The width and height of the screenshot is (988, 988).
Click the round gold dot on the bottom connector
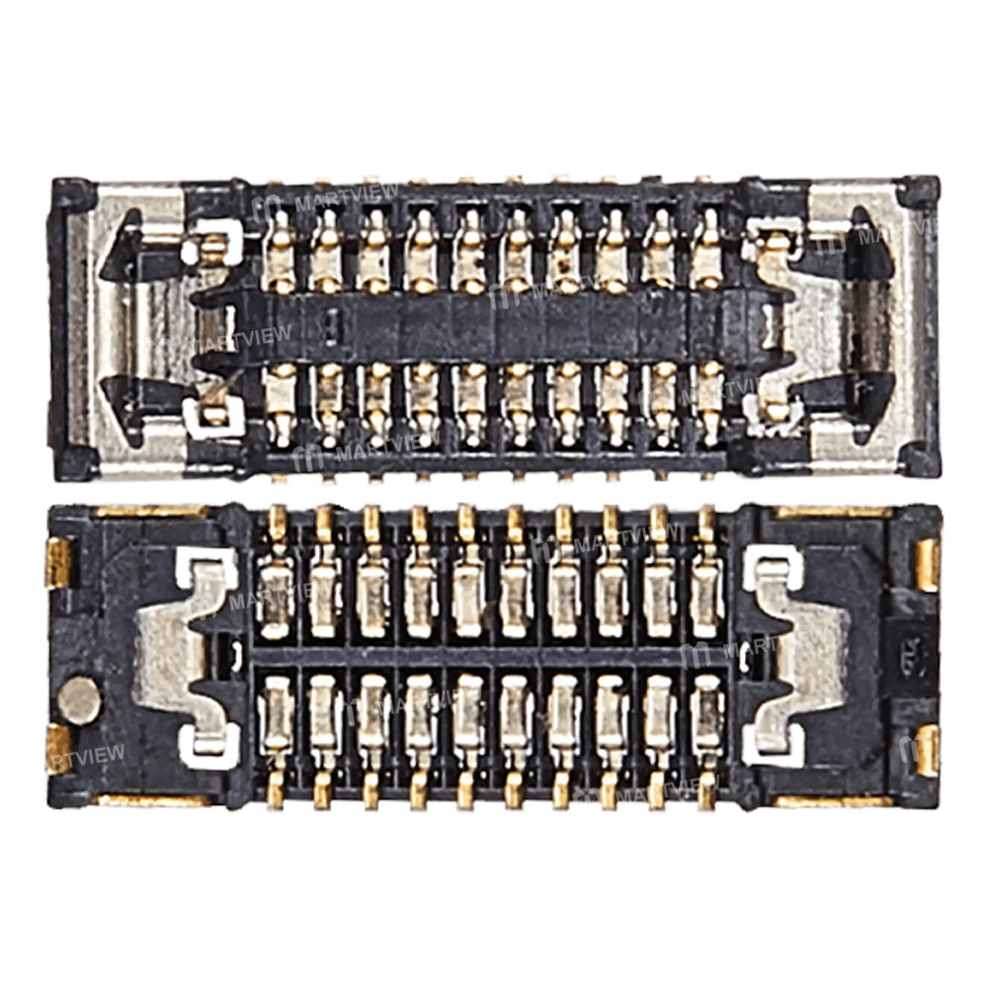tap(79, 700)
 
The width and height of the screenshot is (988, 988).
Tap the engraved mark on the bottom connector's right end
tap(906, 653)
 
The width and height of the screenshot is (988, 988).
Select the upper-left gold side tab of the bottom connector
tap(59, 562)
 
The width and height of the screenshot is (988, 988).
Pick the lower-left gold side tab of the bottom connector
tap(59, 748)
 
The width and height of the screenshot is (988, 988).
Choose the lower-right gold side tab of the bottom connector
tap(927, 750)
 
